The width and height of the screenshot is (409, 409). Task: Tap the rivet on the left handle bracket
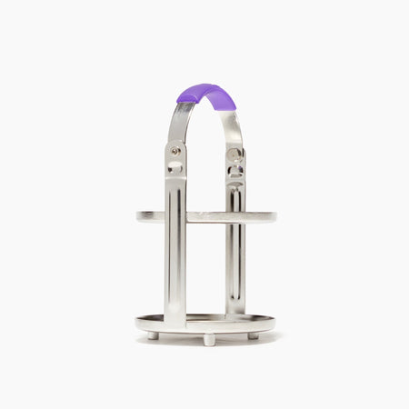click(x=175, y=151)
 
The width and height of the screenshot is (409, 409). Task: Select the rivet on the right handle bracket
click(x=234, y=153)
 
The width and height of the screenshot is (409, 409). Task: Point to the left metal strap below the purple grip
click(x=178, y=123)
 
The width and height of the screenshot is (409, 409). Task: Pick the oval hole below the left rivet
click(x=175, y=167)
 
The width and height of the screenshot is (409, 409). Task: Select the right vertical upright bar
click(x=234, y=264)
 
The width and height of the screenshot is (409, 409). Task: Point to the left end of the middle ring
click(x=141, y=216)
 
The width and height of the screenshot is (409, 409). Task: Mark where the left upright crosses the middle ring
click(x=175, y=217)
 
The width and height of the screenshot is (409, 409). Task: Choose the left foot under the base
click(x=153, y=335)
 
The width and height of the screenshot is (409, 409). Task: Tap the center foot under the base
click(x=209, y=340)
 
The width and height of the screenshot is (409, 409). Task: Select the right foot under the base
click(x=254, y=335)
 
